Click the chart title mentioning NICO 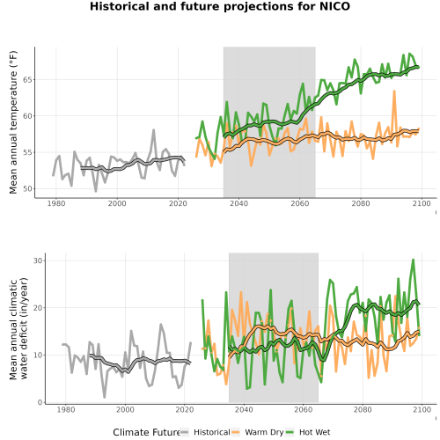(220, 6)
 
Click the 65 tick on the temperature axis (27, 80)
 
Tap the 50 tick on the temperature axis (27, 189)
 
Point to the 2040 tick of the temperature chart (238, 203)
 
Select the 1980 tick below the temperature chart (56, 203)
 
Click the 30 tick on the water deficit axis (38, 260)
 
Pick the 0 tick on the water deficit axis (40, 402)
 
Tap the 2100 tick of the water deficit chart (422, 409)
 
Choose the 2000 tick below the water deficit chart (125, 409)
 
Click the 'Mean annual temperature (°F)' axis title (13, 122)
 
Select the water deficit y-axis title (18, 328)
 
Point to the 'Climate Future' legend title (146, 432)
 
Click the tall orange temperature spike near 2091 (394, 92)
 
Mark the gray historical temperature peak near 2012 (153, 130)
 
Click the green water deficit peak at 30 (413, 260)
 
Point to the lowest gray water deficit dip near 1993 (104, 397)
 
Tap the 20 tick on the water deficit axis (38, 308)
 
